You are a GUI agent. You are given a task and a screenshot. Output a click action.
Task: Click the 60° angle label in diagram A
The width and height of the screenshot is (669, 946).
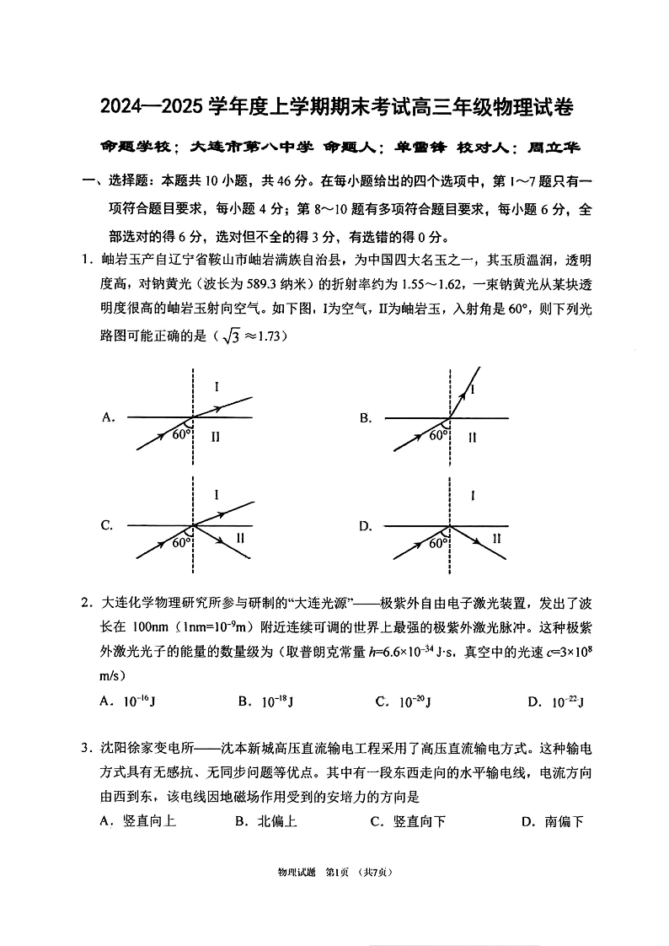pyautogui.click(x=181, y=435)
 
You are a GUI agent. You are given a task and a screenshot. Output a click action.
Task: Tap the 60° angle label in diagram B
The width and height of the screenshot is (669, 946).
pyautogui.click(x=438, y=435)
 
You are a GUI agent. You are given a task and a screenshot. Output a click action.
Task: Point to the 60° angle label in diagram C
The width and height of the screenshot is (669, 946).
pyautogui.click(x=181, y=543)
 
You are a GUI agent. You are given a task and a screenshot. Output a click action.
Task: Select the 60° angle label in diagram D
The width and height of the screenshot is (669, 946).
pyautogui.click(x=438, y=543)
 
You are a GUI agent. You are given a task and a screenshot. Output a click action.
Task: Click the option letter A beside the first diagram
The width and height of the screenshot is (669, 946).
pyautogui.click(x=108, y=417)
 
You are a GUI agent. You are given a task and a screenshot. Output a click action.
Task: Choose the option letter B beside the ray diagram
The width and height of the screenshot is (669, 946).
pyautogui.click(x=366, y=417)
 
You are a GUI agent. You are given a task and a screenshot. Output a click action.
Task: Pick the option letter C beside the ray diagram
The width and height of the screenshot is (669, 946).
pyautogui.click(x=107, y=525)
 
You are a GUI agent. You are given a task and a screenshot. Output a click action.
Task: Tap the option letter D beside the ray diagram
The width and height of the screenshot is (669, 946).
pyautogui.click(x=366, y=526)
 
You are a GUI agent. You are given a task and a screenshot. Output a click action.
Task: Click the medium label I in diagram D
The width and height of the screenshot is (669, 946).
pyautogui.click(x=473, y=497)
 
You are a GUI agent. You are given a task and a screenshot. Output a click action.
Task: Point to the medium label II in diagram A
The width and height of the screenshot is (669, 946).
pyautogui.click(x=216, y=436)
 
